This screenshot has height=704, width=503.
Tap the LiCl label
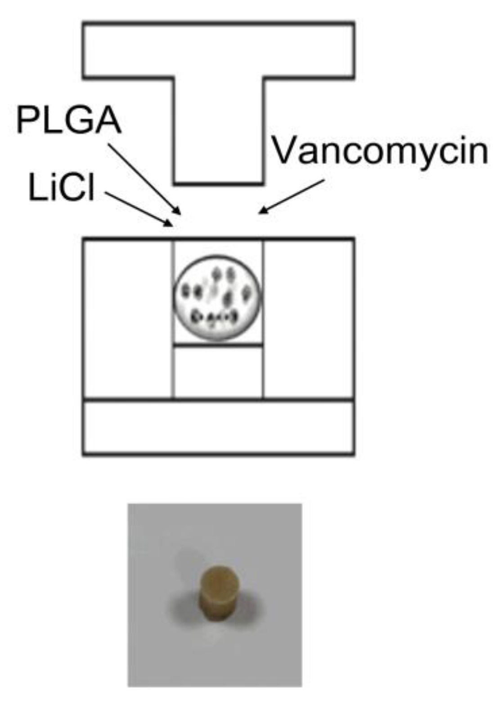pos(61,189)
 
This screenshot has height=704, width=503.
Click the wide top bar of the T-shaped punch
pos(218,49)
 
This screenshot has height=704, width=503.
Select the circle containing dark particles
pos(217,299)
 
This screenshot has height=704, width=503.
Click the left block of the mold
pos(128,319)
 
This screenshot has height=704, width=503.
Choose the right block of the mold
pos(309,319)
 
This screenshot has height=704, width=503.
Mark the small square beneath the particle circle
pos(218,372)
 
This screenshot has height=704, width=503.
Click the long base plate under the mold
pos(218,427)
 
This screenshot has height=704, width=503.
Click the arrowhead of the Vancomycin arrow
pos(262,211)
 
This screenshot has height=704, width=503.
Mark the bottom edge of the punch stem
pos(218,183)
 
